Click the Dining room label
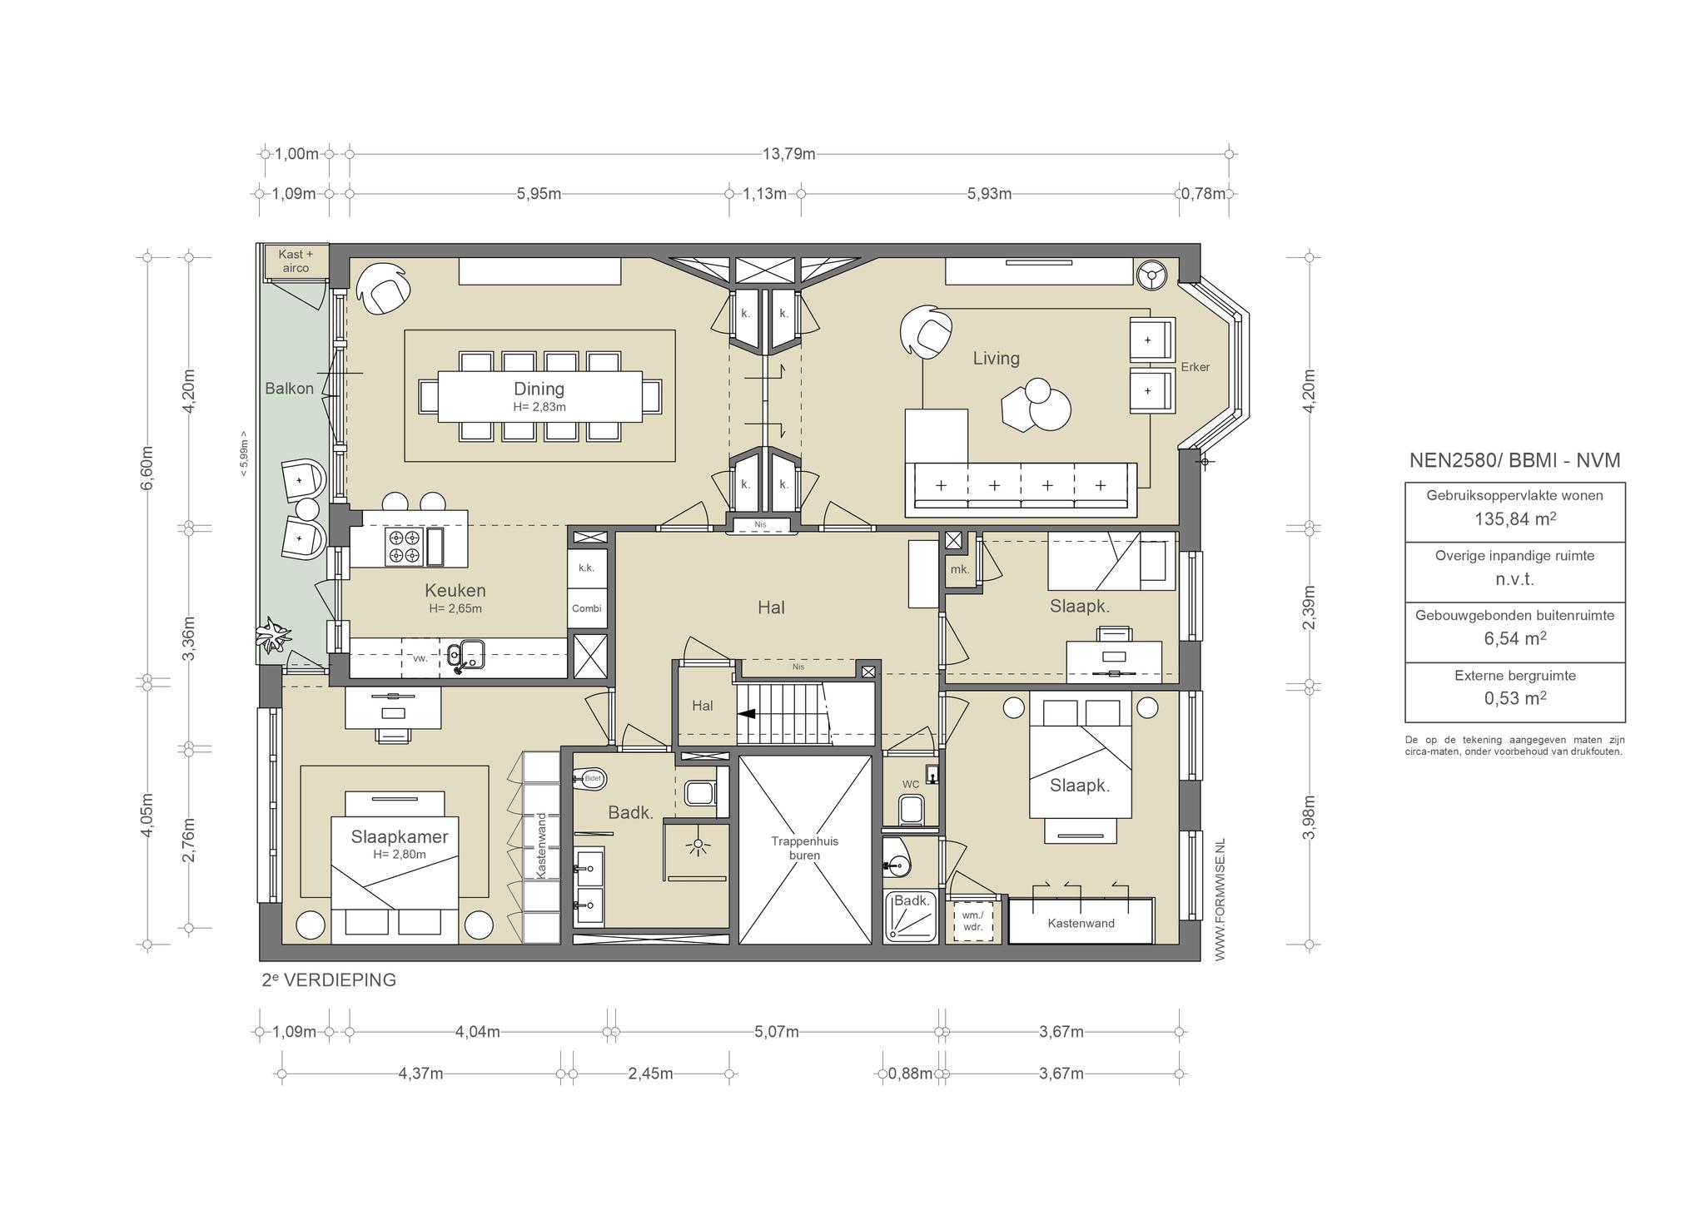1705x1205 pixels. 539,389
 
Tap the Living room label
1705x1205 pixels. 997,358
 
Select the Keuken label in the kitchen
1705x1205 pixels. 455,590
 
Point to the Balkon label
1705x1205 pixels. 290,389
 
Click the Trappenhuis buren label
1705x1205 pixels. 805,848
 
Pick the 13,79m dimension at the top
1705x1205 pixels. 788,154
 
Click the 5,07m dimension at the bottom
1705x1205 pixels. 777,1032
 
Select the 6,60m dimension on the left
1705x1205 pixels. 147,469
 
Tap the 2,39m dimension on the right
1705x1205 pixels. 1310,608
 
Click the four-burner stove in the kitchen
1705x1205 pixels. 405,546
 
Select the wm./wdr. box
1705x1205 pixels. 972,920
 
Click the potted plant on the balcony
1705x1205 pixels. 272,637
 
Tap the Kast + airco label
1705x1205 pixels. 296,261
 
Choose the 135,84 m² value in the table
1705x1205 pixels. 1515,518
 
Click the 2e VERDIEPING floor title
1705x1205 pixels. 329,980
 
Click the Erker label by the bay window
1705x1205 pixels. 1195,367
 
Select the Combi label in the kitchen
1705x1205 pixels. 586,608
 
